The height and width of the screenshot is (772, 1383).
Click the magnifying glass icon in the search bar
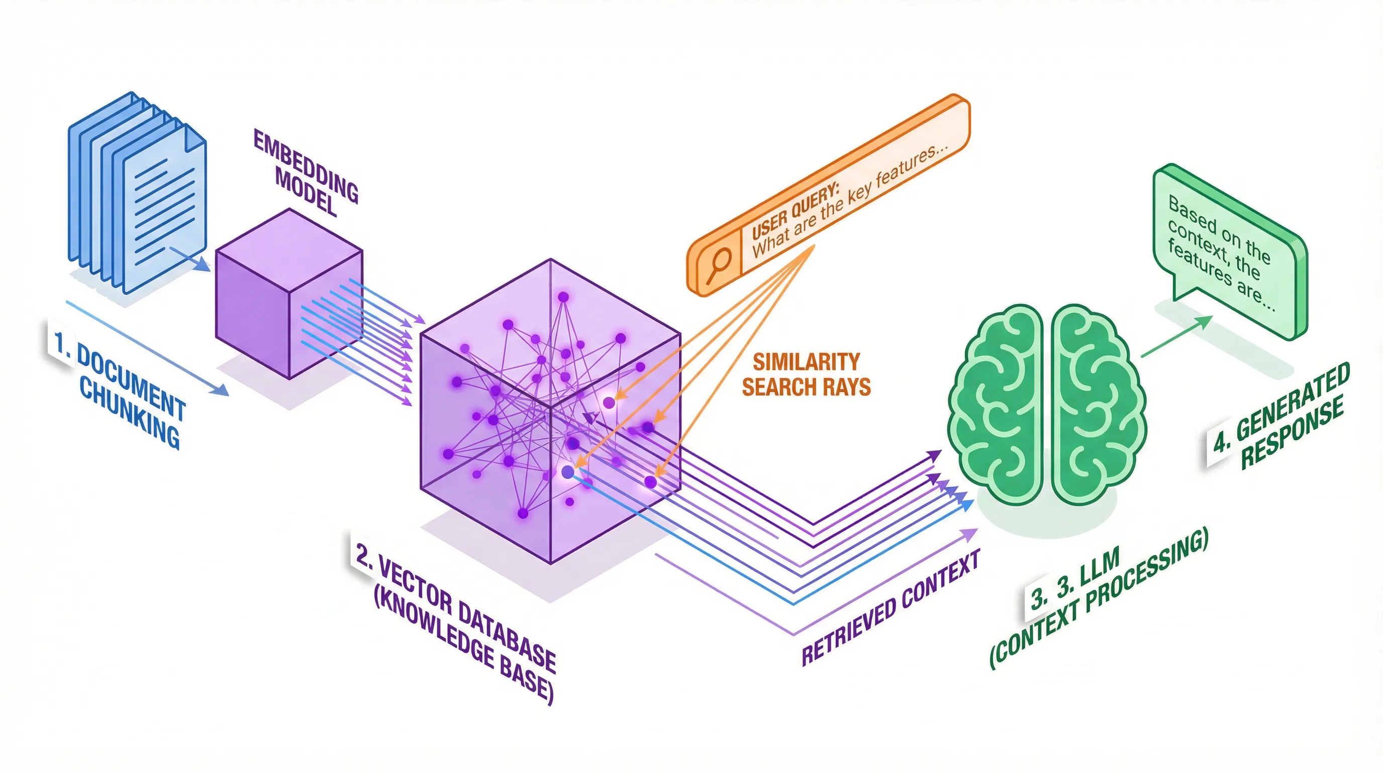click(x=718, y=265)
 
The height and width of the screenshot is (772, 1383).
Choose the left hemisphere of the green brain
click(x=997, y=403)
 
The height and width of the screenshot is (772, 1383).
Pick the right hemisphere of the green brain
click(x=1095, y=403)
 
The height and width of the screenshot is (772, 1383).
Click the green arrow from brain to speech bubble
click(x=1176, y=337)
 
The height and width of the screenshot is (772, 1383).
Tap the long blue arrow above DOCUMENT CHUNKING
click(x=148, y=348)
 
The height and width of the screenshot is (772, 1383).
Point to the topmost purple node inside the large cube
click(x=563, y=297)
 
